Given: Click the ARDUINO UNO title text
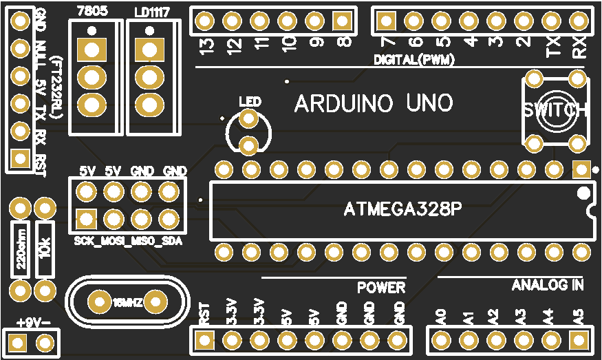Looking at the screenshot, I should pos(374,103).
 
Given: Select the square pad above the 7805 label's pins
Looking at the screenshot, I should pos(91,50).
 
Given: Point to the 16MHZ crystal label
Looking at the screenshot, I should pos(128,302).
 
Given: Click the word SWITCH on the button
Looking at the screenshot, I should pos(555,110).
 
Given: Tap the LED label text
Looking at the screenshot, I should pos(249,102).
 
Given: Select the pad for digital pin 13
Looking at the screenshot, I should pos(204,21).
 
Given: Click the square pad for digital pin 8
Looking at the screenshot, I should pos(342,21).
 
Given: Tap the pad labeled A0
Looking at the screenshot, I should pos(441,339).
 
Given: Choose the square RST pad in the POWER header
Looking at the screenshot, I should pos(204,339).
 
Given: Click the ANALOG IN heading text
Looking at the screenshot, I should pos(548,284).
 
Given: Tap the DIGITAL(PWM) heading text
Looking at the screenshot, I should pos(415,60).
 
